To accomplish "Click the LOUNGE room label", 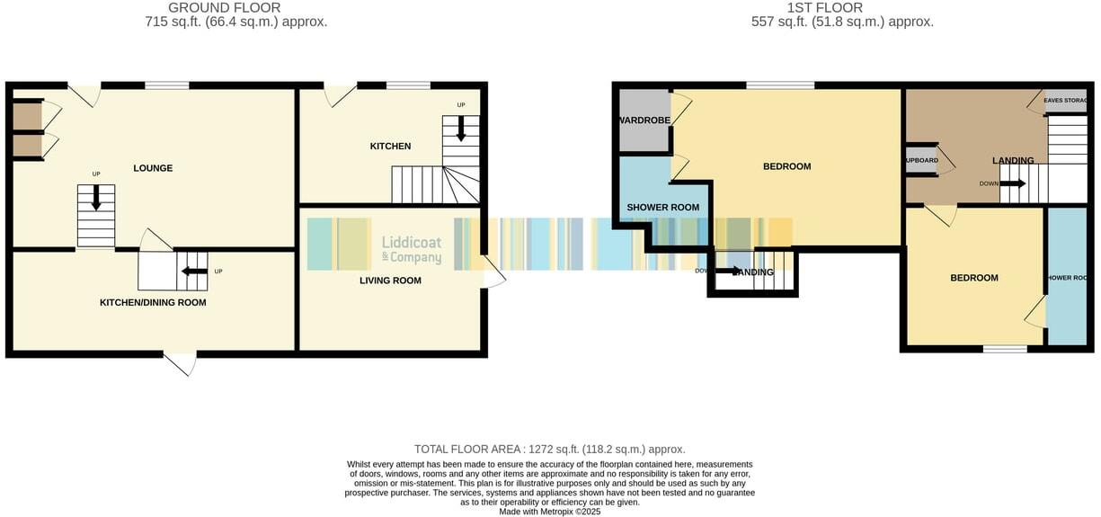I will (x=153, y=168).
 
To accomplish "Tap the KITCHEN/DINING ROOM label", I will (x=153, y=303).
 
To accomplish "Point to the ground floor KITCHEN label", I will (x=390, y=147).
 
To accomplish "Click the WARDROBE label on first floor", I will (x=643, y=120).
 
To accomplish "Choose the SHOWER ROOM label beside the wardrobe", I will (x=662, y=208).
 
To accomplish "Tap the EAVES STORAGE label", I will (x=1066, y=101).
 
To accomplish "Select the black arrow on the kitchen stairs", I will (x=461, y=130).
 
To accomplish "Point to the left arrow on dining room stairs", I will (x=194, y=271).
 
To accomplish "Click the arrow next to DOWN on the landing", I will (x=1013, y=183).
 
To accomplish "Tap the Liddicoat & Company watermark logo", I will (x=412, y=249).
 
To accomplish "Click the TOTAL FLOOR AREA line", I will (x=549, y=449).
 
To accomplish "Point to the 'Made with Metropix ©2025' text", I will (x=549, y=512).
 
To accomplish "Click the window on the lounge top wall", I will (x=167, y=85).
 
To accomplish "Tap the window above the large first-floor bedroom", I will (x=780, y=85).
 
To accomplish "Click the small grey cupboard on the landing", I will (x=922, y=161).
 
